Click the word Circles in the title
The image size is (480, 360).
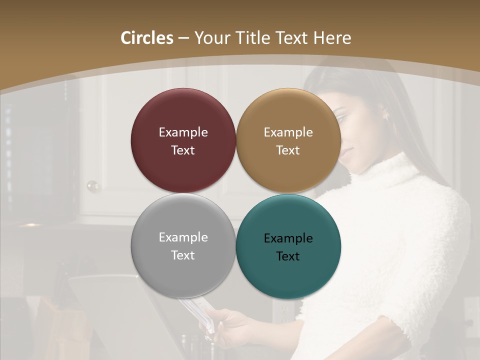(x=146, y=38)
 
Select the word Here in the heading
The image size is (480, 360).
(x=332, y=38)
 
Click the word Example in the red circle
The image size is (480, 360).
(x=183, y=132)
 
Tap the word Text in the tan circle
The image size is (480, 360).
(x=288, y=150)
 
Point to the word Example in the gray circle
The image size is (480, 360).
(x=183, y=237)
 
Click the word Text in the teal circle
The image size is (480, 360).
(x=288, y=256)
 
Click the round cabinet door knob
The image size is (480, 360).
(x=92, y=186)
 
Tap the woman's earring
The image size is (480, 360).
(x=385, y=116)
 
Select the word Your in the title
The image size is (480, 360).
(x=209, y=38)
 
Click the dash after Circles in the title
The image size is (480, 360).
(x=183, y=38)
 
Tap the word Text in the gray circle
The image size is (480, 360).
(x=183, y=255)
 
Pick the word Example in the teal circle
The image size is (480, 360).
(x=288, y=238)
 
